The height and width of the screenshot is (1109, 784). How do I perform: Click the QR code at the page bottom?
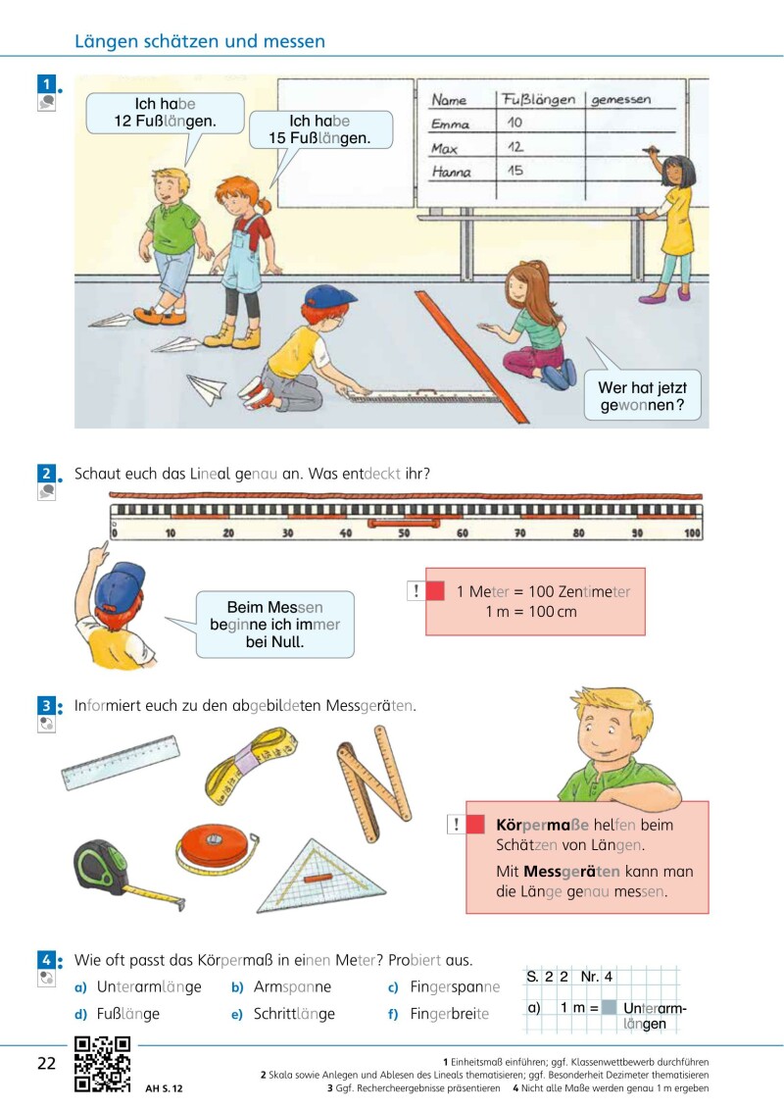(x=103, y=1064)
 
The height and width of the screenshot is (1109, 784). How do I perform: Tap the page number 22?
(x=47, y=1063)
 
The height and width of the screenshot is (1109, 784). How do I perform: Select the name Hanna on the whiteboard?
(x=451, y=172)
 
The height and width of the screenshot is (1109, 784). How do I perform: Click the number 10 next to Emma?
(x=514, y=123)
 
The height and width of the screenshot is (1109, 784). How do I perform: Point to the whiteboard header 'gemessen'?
(x=620, y=100)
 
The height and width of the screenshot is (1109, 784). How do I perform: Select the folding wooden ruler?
(x=374, y=781)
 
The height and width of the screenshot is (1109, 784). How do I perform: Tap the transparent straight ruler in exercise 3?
(x=121, y=762)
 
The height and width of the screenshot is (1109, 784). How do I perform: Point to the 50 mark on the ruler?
(x=404, y=532)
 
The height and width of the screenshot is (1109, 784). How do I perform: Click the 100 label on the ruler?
(x=692, y=532)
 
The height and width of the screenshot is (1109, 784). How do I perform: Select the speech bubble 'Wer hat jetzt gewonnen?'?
(x=642, y=395)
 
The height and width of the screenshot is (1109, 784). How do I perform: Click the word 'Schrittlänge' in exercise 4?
(x=294, y=1014)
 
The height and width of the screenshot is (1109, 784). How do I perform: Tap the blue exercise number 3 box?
(x=46, y=705)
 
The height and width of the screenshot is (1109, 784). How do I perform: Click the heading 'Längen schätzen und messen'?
(x=200, y=41)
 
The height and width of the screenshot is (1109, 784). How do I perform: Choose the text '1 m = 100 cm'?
(x=531, y=612)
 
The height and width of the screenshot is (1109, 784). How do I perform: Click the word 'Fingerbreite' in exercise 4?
(x=450, y=1014)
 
